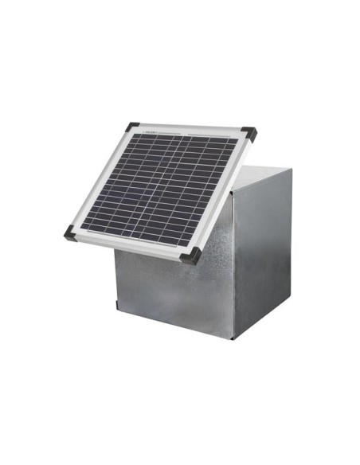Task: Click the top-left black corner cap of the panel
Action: pos(132,127)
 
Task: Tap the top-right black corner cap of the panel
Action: pos(249,132)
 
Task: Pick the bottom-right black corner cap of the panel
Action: pos(191,256)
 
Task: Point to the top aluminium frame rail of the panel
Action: pos(191,130)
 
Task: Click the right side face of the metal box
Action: pos(263,255)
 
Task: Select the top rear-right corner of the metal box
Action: pos(291,170)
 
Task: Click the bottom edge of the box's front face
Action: pos(175,324)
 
